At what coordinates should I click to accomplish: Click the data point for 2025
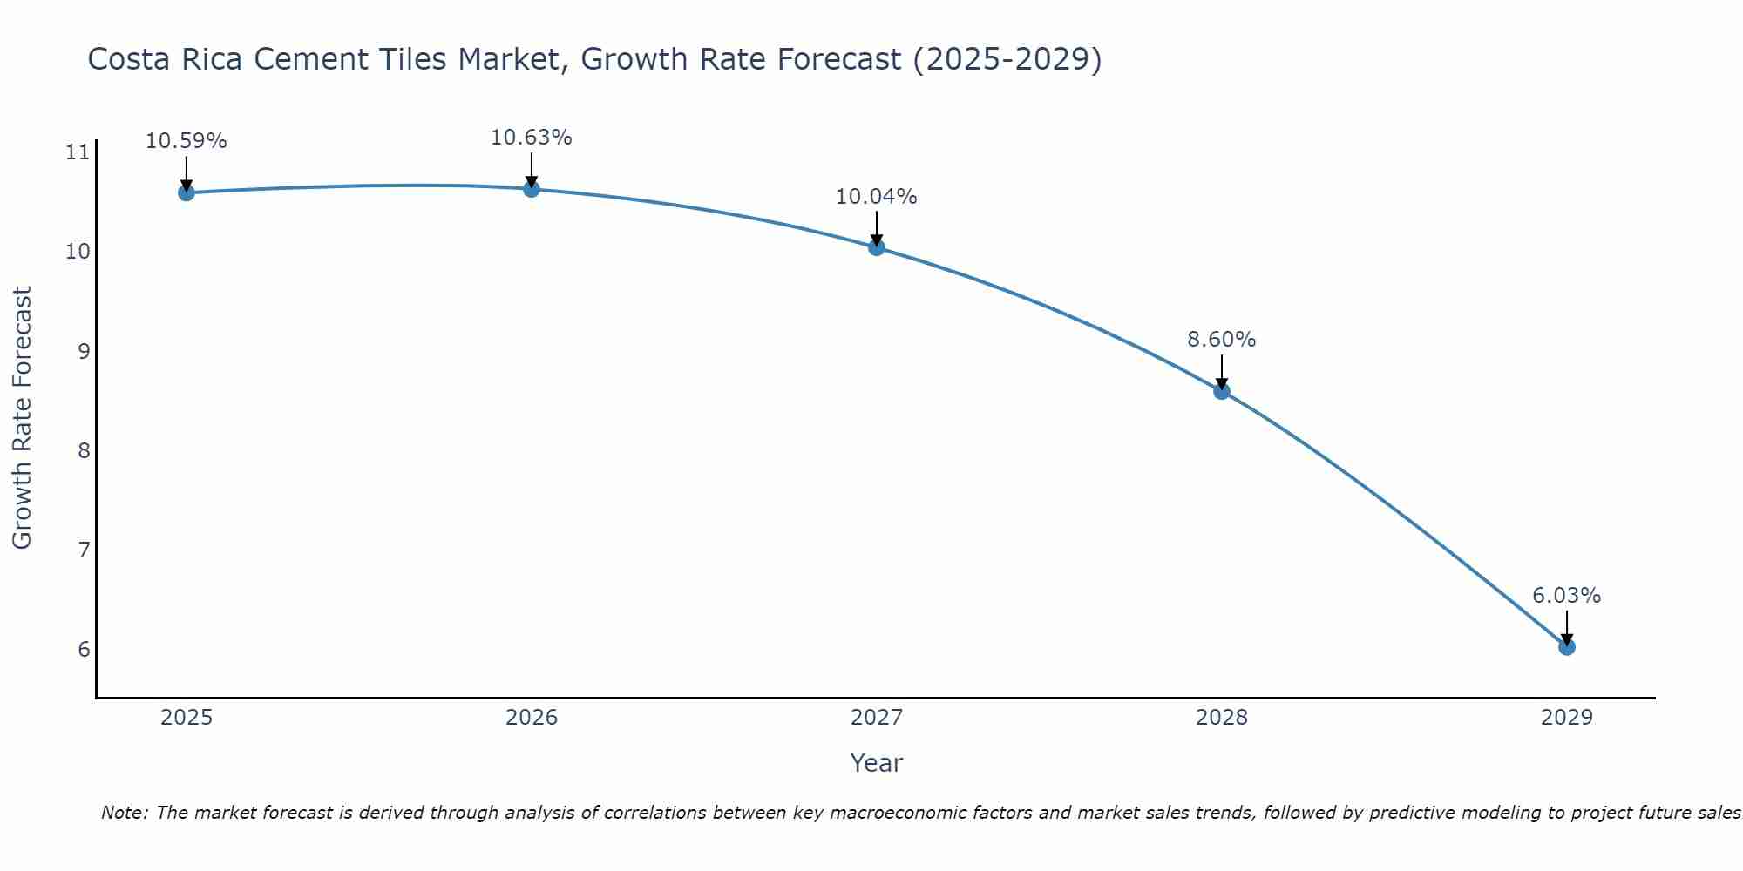pyautogui.click(x=186, y=192)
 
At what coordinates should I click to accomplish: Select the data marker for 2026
pyautogui.click(x=532, y=189)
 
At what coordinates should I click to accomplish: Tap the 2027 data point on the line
pyautogui.click(x=877, y=247)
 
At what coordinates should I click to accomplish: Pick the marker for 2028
pyautogui.click(x=1222, y=391)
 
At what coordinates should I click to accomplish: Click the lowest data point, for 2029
pyautogui.click(x=1567, y=647)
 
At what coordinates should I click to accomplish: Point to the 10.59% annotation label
pyautogui.click(x=186, y=141)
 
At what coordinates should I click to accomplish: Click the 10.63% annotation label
pyautogui.click(x=531, y=138)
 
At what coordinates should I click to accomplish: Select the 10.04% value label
pyautogui.click(x=876, y=197)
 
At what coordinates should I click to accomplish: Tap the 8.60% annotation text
pyautogui.click(x=1221, y=340)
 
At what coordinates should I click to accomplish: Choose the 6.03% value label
pyautogui.click(x=1566, y=596)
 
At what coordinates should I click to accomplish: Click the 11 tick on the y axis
pyautogui.click(x=78, y=153)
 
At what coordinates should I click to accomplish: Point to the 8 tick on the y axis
pyautogui.click(x=84, y=451)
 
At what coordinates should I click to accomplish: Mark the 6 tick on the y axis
pyautogui.click(x=84, y=650)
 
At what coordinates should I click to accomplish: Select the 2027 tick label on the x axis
pyautogui.click(x=877, y=718)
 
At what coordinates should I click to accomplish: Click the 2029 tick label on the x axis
pyautogui.click(x=1567, y=718)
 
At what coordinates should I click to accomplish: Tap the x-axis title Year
pyautogui.click(x=876, y=763)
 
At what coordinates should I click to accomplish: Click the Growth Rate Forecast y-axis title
pyautogui.click(x=23, y=418)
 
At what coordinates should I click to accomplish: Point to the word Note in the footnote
pyautogui.click(x=124, y=813)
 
